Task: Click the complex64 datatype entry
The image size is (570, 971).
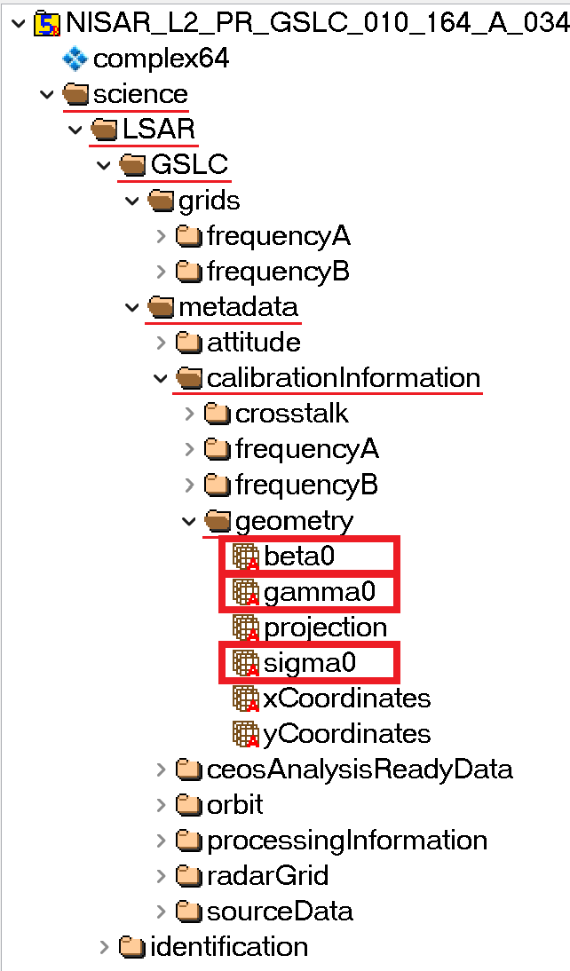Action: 161,59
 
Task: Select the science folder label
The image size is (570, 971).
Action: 140,94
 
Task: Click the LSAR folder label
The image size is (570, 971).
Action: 158,130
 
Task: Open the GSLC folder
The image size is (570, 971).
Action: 188,165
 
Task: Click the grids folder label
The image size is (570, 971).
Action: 209,201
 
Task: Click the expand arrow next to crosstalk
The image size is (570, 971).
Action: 189,414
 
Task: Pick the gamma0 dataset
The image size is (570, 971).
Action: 320,591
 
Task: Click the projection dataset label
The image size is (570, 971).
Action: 325,627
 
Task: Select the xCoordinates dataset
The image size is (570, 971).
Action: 346,698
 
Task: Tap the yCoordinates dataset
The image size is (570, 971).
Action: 346,733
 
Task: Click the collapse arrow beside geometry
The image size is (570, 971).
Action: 189,521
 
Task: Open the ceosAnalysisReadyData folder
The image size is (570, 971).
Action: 359,769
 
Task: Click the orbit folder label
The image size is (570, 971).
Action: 234,804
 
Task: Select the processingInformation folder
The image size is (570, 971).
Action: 346,840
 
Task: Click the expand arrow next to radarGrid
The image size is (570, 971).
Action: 161,876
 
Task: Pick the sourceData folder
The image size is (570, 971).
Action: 279,911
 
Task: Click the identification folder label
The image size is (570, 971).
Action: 228,946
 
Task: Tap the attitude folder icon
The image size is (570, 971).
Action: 188,343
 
